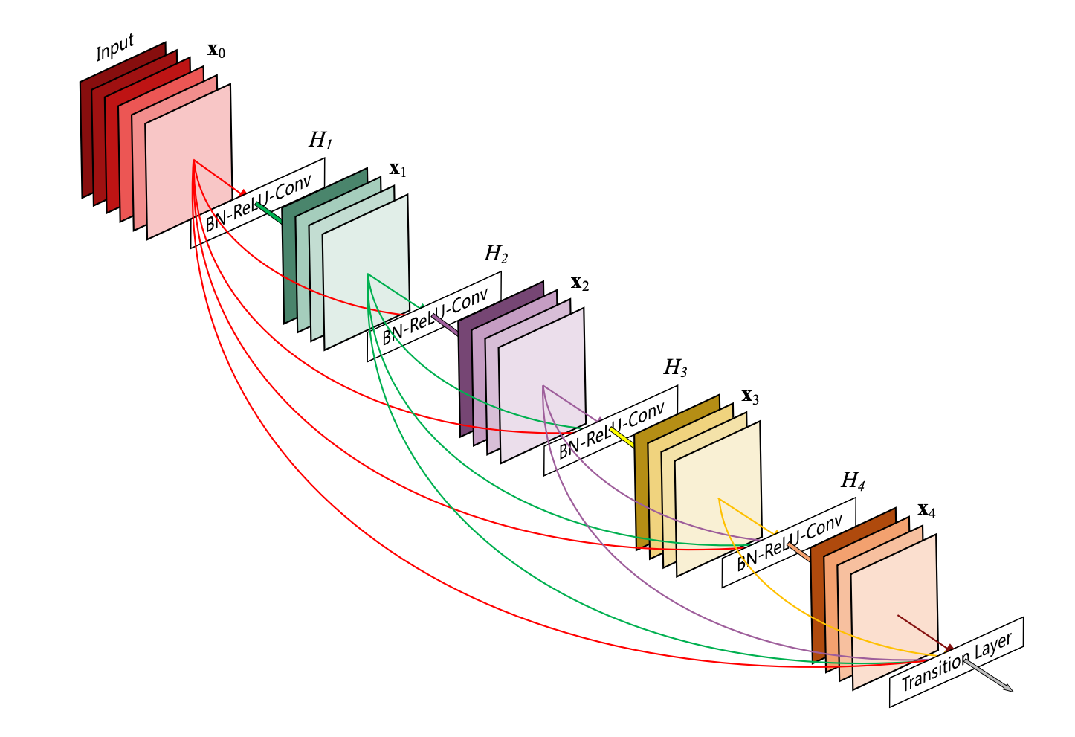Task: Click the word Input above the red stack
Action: [115, 48]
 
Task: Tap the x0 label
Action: [216, 51]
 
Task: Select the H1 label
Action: [320, 140]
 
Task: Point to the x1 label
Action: [398, 170]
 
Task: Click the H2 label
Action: [496, 255]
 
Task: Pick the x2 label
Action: [580, 283]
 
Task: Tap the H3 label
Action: [675, 367]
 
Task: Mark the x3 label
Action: [750, 396]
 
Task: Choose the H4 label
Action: [853, 481]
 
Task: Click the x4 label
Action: [926, 510]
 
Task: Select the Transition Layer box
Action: [956, 662]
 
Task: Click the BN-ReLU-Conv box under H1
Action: [257, 202]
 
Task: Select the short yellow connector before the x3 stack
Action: [622, 437]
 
